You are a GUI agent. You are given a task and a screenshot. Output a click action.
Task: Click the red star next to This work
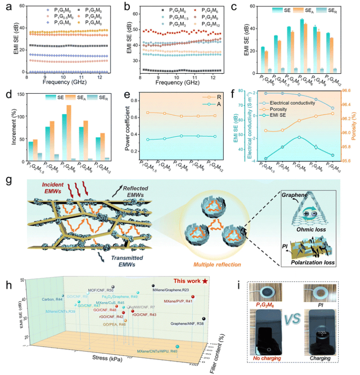point(205,281)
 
